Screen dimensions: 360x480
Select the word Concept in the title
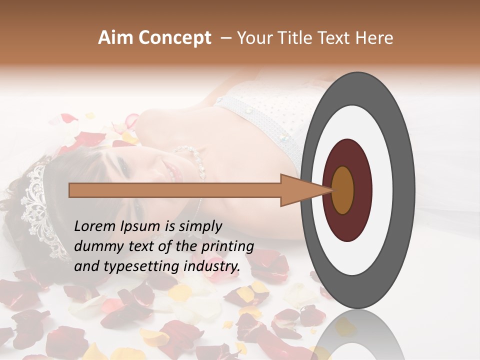coord(174,38)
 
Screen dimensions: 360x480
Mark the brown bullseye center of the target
coord(343,190)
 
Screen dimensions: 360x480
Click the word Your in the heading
coord(253,38)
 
